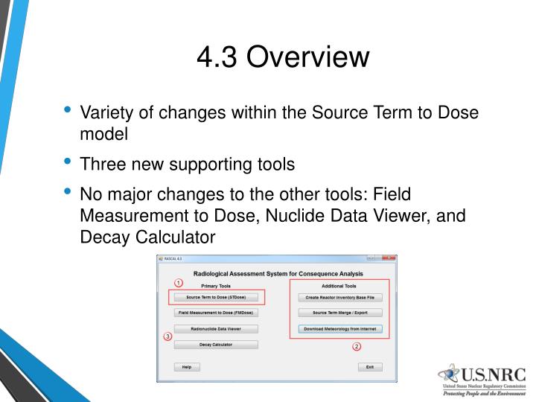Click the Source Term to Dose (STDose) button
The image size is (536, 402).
tap(216, 297)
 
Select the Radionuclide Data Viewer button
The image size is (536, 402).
tap(216, 328)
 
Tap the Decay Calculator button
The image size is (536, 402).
tap(216, 345)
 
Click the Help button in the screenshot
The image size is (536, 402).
tap(187, 367)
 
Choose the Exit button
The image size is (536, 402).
tap(369, 367)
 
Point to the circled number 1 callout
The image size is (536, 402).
tap(179, 283)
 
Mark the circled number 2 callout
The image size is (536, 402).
tap(356, 346)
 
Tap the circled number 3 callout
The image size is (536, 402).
tap(167, 336)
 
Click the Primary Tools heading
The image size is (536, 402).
tap(216, 286)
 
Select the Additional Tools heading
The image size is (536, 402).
tap(339, 286)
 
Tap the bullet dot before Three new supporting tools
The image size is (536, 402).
tap(68, 160)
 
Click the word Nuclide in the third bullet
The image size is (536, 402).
tap(331, 217)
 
